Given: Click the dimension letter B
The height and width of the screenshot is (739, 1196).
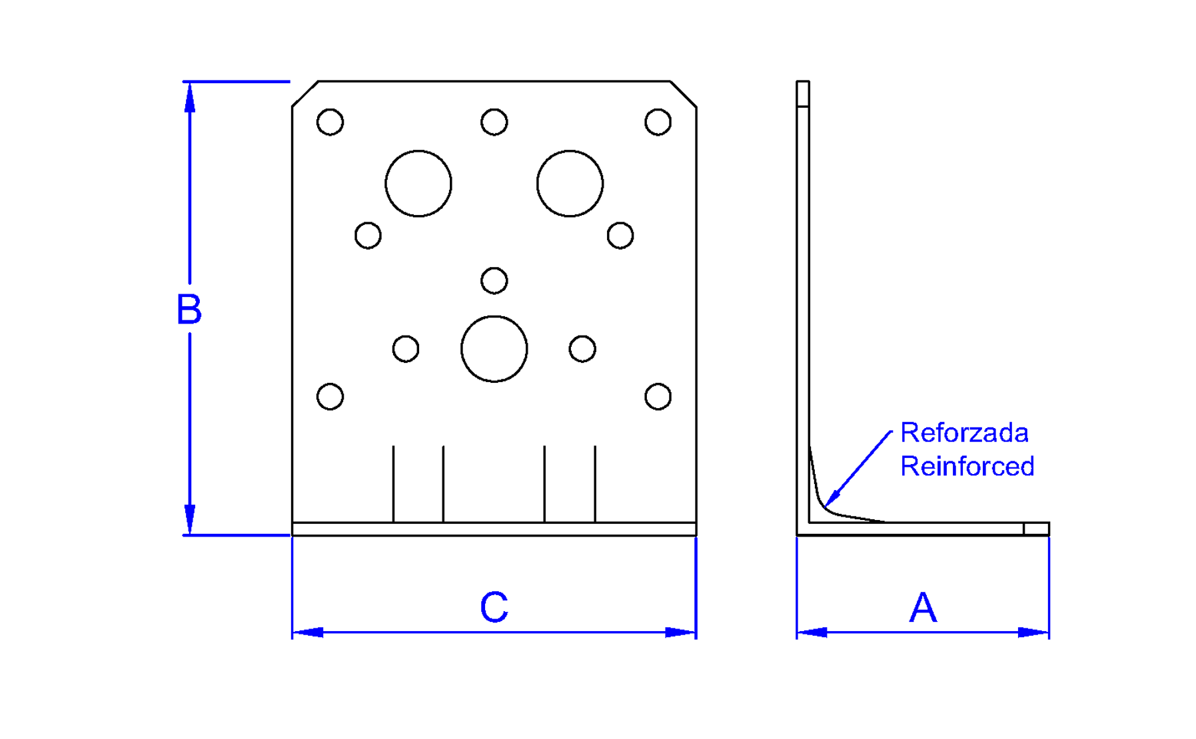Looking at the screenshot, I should click(189, 309).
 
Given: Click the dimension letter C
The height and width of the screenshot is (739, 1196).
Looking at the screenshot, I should click(494, 607).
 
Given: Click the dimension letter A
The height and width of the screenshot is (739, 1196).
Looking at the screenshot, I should click(923, 607).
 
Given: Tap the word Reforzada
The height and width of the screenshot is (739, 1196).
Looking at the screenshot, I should click(964, 433).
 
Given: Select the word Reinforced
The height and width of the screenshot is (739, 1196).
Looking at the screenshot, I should click(967, 467).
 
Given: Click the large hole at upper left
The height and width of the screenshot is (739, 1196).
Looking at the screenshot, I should click(418, 184).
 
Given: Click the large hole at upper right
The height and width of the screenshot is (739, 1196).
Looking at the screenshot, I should click(570, 184).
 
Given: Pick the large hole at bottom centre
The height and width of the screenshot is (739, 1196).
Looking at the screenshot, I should click(494, 349).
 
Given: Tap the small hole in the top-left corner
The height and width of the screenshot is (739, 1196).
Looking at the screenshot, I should click(330, 123).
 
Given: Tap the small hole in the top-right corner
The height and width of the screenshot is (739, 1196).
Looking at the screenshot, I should click(658, 123).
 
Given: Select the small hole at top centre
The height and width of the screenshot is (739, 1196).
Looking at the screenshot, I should click(494, 123).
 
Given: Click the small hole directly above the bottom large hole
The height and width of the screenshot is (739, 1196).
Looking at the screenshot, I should click(494, 281).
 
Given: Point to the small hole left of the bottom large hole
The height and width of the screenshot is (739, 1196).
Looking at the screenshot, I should click(406, 349).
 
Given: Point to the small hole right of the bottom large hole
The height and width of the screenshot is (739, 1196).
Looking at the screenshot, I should click(582, 349).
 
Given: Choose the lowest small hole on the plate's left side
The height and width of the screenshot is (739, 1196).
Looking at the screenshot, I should click(330, 397).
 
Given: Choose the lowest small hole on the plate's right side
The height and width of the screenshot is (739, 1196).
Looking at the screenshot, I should click(658, 397).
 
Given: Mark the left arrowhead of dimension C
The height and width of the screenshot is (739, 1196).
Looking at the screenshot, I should click(307, 632).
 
